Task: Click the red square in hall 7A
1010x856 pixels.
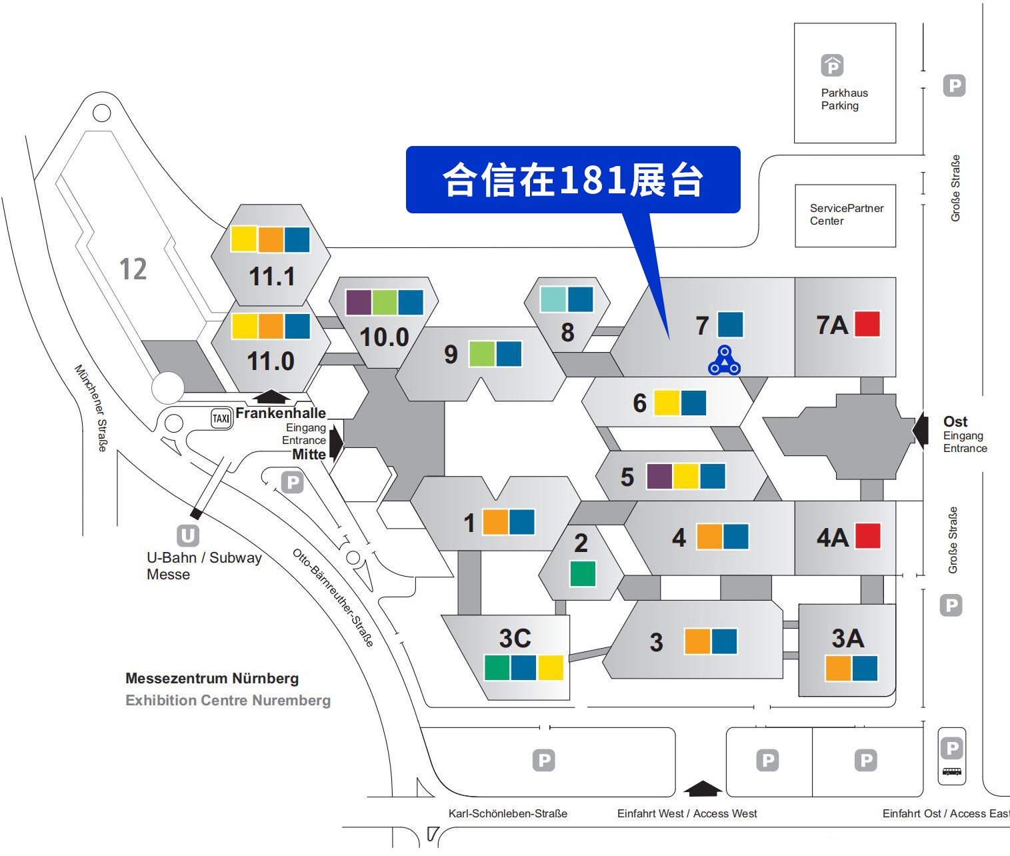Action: point(867,324)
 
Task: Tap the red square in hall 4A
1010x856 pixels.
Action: point(868,535)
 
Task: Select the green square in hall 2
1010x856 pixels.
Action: point(583,573)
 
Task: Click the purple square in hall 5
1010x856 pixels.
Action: point(659,477)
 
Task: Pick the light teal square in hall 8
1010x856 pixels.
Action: point(553,299)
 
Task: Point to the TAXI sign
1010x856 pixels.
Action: point(221,419)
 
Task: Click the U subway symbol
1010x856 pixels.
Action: point(187,535)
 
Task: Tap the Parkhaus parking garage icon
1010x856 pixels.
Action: point(832,65)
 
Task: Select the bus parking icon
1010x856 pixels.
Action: point(952,771)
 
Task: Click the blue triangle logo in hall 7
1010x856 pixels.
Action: point(724,361)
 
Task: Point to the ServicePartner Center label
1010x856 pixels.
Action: point(846,215)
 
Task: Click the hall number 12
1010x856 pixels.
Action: point(133,269)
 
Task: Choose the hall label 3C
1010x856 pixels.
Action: point(515,639)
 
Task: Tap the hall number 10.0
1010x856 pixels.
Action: point(384,337)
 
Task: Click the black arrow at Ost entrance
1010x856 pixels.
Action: point(921,429)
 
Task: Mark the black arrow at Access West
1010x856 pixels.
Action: point(703,789)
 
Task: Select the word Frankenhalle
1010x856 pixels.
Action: point(281,413)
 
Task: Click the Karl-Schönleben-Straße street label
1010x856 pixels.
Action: point(507,814)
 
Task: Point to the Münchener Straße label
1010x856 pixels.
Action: point(91,407)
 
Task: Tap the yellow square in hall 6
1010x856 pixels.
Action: point(667,403)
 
